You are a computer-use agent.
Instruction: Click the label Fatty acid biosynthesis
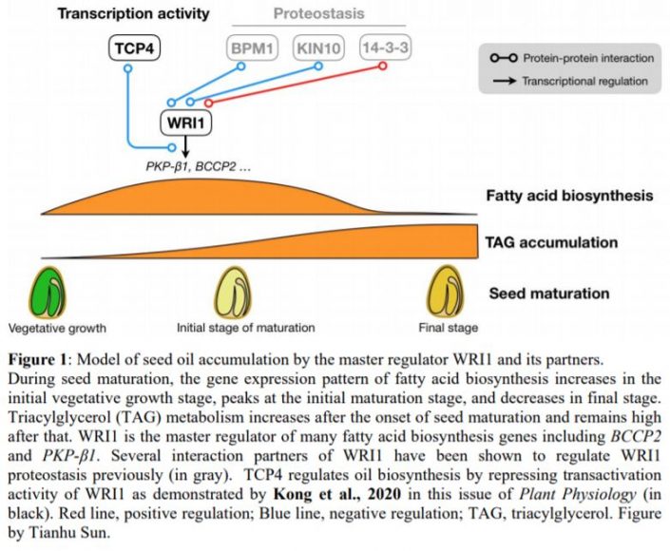pos(570,197)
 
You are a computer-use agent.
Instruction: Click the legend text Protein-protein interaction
pos(584,59)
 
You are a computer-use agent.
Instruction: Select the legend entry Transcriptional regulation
pos(584,82)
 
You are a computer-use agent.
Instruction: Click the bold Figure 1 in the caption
pos(37,361)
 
